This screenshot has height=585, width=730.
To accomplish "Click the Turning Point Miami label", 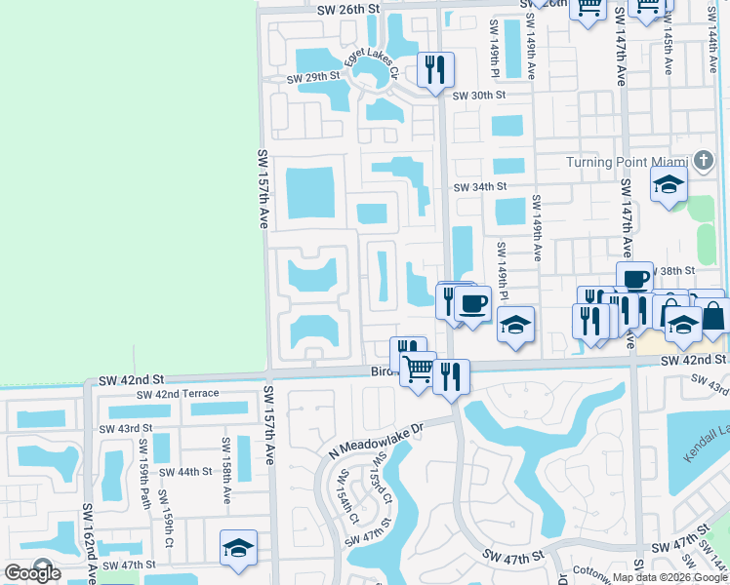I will tap(626, 161).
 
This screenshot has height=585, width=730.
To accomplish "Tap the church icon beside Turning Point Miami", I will tap(704, 160).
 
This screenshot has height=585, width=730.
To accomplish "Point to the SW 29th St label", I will tap(313, 77).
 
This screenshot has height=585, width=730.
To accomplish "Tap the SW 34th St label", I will tap(479, 186).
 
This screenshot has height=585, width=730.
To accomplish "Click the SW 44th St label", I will tap(185, 471).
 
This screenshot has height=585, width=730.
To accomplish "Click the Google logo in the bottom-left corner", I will tap(32, 573).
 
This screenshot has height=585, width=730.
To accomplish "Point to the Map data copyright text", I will tap(670, 577).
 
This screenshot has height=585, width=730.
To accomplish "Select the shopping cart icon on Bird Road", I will tap(418, 370).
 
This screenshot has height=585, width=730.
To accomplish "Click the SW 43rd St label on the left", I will tap(126, 428).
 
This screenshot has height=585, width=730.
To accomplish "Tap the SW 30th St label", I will tap(479, 96).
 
